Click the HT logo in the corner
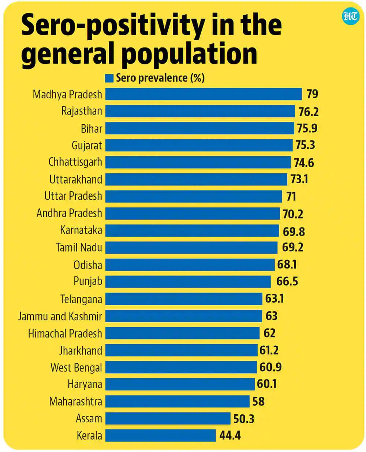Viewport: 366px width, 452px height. (351, 16)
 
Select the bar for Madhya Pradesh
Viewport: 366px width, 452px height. (203, 94)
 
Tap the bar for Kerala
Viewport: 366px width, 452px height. (160, 436)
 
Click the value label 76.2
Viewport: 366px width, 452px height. (308, 112)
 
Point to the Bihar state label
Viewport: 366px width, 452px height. (91, 128)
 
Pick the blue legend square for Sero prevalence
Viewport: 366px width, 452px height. (109, 78)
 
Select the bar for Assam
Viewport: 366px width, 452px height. (168, 418)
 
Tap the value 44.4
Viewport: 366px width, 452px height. (230, 436)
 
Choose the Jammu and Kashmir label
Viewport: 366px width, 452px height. (60, 316)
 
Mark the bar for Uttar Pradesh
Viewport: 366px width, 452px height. (194, 196)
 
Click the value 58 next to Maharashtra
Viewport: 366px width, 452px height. (258, 402)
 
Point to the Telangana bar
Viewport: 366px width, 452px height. (184, 299)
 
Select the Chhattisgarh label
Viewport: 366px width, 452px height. (75, 162)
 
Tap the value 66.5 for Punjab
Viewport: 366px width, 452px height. (287, 281)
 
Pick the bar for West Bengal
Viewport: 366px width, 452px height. (181, 367)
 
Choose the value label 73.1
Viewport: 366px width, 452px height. (299, 179)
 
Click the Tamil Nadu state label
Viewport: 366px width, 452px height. (79, 248)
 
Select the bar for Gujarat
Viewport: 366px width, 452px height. (199, 145)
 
